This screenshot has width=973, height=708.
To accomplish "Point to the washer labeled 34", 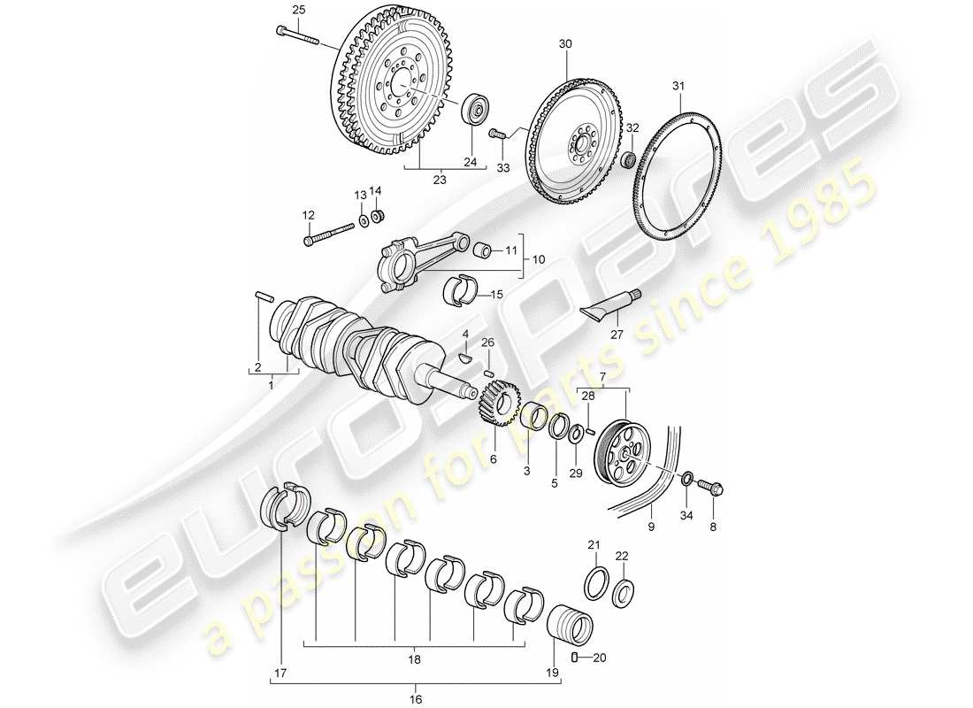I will tap(686, 479).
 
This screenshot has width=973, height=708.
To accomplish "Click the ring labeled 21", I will tap(597, 584).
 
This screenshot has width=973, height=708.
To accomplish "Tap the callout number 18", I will tap(414, 659).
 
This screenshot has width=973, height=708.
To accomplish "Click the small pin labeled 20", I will tap(576, 657).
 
